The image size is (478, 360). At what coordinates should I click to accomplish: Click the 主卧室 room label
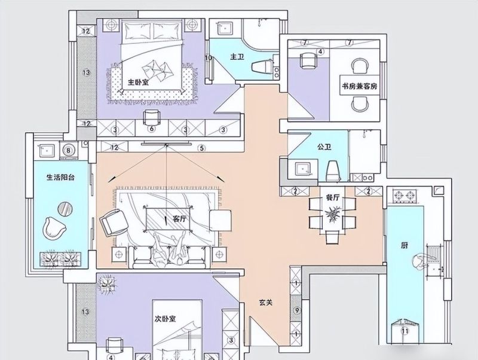point(138,82)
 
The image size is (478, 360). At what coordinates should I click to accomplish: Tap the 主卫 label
point(237,57)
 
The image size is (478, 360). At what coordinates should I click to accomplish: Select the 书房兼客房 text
point(359,86)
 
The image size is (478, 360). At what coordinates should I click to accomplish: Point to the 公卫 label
point(324,147)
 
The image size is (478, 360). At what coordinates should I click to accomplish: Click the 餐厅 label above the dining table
point(333,198)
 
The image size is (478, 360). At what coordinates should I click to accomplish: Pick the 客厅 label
point(179,219)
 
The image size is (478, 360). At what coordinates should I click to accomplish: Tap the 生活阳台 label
point(60,177)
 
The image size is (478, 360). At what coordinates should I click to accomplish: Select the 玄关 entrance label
point(265,303)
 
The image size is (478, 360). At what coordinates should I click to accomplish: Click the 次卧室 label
point(165,319)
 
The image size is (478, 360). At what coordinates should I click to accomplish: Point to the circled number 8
point(68,150)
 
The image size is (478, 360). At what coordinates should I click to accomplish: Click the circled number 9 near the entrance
point(296,310)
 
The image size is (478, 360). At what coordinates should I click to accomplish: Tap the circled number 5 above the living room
point(201,148)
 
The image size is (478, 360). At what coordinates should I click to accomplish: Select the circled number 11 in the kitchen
point(405,331)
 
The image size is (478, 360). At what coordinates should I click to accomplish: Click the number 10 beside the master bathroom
point(209,57)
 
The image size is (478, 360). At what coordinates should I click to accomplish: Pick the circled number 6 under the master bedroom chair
point(152,129)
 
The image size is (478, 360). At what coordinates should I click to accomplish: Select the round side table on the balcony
point(65,209)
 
